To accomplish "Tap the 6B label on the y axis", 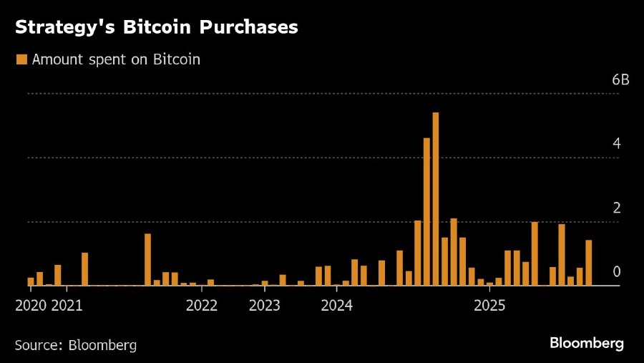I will pos(620,79).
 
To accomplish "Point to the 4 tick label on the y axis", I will pos(616,144).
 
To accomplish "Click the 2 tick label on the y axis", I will pos(616,208).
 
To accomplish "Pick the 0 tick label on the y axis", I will pos(616,272).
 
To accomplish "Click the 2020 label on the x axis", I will pos(31,306).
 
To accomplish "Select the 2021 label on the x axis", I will pos(67,306).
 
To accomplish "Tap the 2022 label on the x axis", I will pos(202,306).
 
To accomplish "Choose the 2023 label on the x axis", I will pos(265,306).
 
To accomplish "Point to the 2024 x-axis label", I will pos(336,306).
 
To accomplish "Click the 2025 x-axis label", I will pos(490,306).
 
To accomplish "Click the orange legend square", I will pos(21,59).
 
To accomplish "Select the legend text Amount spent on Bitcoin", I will pos(116,59).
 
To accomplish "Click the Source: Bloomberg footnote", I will pos(76,344).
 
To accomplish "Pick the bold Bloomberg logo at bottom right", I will pos(587,344).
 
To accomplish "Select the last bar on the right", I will pos(589,263).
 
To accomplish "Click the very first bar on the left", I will pos(31,281).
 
